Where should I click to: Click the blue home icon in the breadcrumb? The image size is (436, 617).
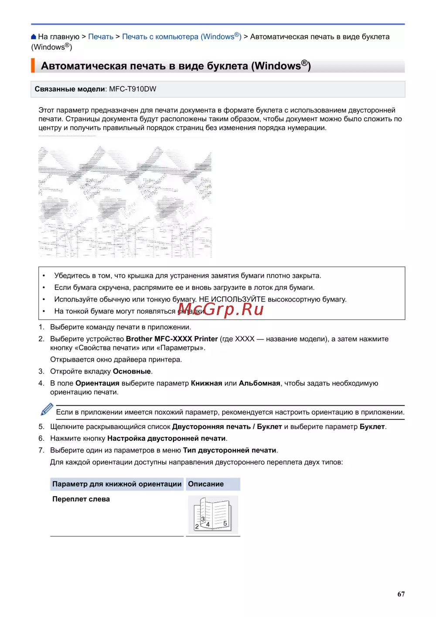point(34,37)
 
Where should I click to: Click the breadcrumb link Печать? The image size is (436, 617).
point(101,37)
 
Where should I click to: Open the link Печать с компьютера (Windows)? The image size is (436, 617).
point(181,37)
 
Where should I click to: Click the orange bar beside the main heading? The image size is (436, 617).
point(33,66)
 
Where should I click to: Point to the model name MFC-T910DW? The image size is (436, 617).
point(133,89)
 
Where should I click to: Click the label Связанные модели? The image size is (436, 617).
point(70,89)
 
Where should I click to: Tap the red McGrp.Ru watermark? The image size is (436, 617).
point(221,309)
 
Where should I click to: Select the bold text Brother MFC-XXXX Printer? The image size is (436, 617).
point(172,339)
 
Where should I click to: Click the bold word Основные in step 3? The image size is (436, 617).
point(132,371)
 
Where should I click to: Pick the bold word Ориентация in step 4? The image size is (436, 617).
point(97,383)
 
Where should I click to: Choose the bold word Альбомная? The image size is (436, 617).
point(259,383)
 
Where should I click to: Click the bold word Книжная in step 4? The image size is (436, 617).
point(206,383)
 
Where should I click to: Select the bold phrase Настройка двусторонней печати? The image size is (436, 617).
point(167,439)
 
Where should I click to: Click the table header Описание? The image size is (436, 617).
point(206,484)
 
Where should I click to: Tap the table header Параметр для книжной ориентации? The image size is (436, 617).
point(117,484)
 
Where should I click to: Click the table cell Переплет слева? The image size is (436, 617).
point(81,499)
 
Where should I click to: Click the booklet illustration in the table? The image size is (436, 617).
point(212,515)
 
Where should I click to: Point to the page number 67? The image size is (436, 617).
point(401,594)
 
